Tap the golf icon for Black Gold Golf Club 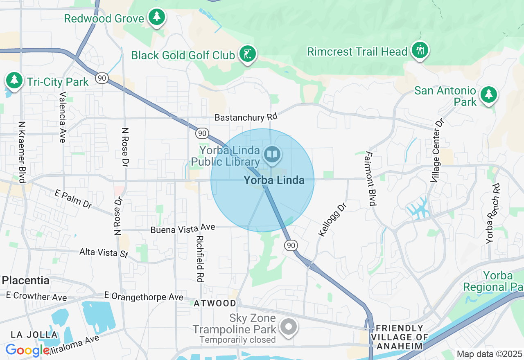247,54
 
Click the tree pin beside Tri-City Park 14,80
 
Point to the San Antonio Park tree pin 488,94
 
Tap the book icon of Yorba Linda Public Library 272,155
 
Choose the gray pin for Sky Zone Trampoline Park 289,326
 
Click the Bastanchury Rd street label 246,117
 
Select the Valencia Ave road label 63,117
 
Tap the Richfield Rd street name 200,258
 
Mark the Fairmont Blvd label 370,178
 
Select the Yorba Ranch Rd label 492,214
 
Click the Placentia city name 26,281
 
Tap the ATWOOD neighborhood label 215,304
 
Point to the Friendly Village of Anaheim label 400,337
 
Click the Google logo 28,350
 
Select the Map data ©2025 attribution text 489,354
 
